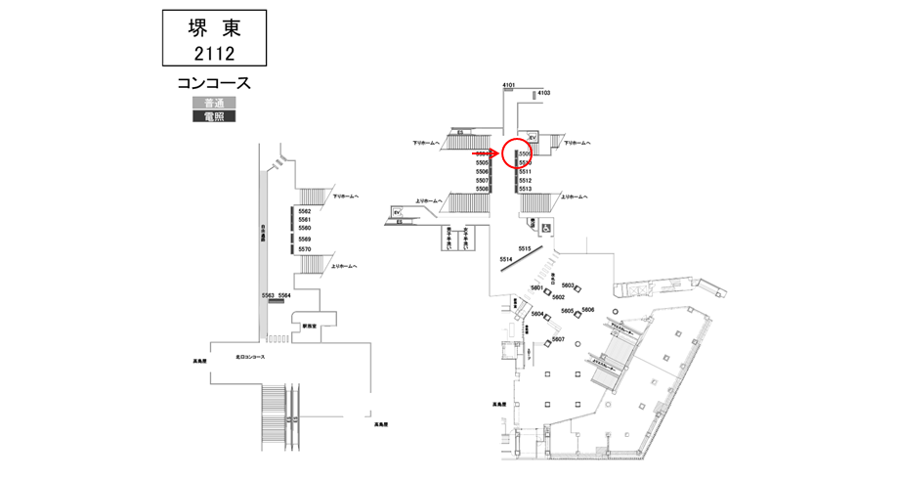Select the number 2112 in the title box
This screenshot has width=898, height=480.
(214, 52)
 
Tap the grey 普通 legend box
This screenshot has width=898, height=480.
(213, 103)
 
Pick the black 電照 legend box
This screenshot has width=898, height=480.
(213, 116)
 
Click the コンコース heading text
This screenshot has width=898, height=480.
(214, 82)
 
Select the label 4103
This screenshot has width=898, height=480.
(544, 93)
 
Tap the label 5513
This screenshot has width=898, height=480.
(525, 189)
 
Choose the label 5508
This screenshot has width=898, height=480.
(482, 189)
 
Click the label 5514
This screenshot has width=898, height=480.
(506, 259)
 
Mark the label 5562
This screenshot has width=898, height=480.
(305, 211)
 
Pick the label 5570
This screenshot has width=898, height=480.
(305, 249)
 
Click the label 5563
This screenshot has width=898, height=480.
(268, 294)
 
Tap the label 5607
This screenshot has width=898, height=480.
(559, 338)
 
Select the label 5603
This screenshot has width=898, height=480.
(568, 284)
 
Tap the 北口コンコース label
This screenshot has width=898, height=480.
(250, 357)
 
